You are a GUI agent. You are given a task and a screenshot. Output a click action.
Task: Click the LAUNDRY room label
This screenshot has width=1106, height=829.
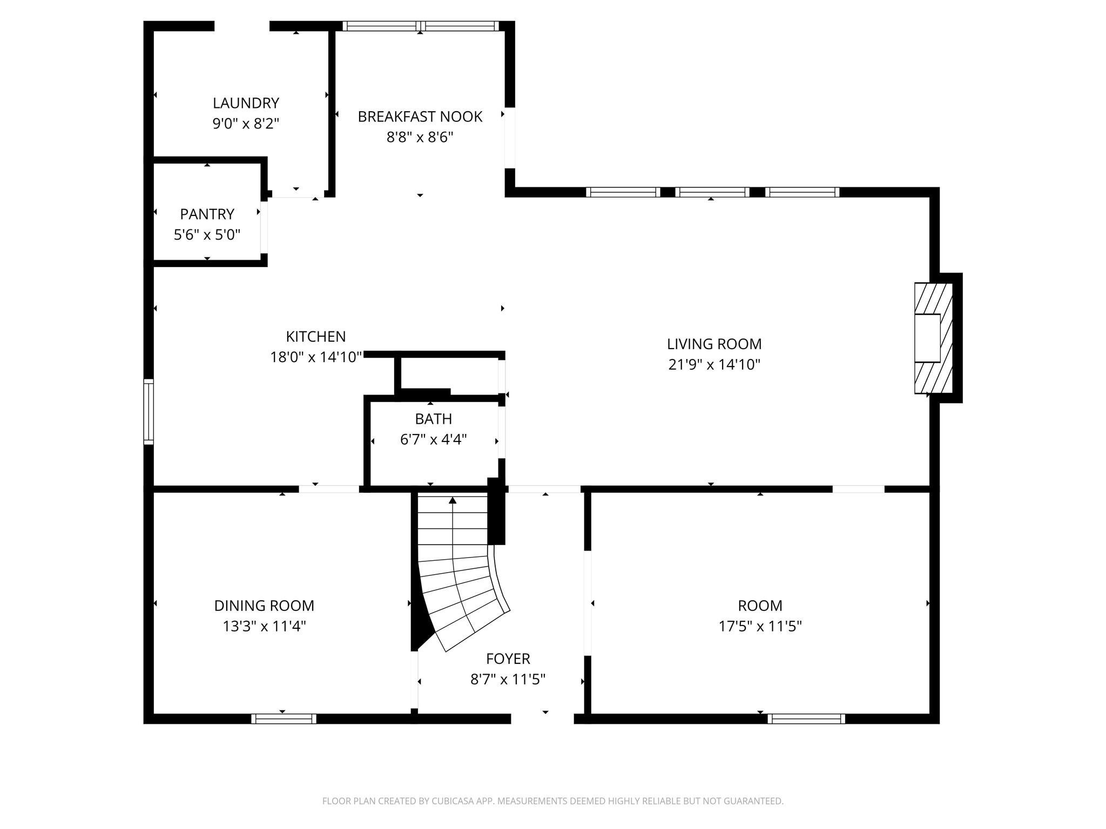[246, 103]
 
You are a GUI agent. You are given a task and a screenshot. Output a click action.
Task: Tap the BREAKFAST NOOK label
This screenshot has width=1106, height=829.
[420, 117]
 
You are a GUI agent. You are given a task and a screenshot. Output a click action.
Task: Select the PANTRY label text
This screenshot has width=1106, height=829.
[207, 214]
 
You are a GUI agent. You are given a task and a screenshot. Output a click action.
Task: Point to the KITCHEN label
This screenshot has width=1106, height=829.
[315, 337]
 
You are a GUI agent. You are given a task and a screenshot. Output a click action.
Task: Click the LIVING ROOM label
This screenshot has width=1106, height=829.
[714, 344]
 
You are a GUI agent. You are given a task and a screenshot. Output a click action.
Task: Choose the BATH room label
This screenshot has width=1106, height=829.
[433, 419]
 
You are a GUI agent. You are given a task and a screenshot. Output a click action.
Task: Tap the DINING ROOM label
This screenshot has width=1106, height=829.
[264, 606]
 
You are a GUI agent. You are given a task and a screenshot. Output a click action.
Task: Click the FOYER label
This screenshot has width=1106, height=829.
[508, 658]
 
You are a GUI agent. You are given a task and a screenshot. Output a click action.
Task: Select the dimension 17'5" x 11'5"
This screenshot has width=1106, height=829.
[760, 626]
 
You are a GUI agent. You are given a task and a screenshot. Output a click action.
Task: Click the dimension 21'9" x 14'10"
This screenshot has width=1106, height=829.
[714, 365]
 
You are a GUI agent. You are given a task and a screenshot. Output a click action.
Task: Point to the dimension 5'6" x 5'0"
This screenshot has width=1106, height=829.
[207, 235]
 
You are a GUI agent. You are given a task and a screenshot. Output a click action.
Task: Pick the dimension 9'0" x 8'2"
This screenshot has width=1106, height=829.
[246, 124]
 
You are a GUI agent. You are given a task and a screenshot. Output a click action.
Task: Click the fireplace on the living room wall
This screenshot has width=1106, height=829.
[933, 338]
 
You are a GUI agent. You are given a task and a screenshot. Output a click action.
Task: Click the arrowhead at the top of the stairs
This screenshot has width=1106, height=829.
[453, 500]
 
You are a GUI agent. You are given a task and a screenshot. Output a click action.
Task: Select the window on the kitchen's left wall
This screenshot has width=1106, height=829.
[149, 412]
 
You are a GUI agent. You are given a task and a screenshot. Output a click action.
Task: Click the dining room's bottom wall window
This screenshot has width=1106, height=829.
[284, 718]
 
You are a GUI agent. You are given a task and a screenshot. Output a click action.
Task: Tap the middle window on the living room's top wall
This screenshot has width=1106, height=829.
[712, 192]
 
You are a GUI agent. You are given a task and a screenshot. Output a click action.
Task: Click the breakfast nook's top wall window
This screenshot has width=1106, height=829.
[421, 26]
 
